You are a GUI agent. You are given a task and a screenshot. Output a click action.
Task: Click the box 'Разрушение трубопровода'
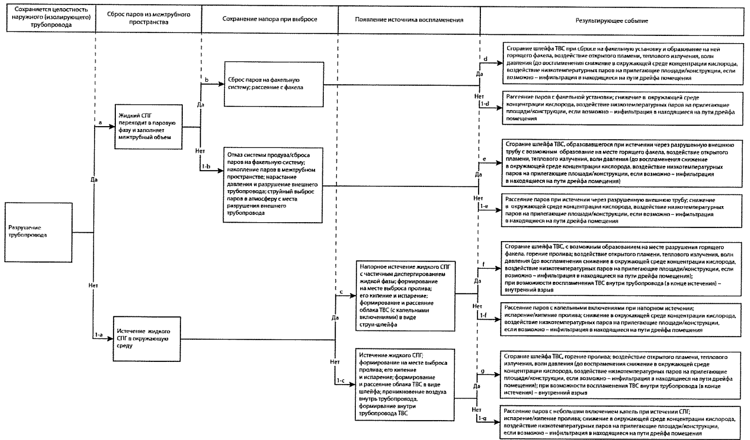coord(39,232)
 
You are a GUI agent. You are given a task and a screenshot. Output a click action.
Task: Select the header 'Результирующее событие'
coord(611,20)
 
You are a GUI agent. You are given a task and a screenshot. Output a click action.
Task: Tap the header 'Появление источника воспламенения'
coord(409,20)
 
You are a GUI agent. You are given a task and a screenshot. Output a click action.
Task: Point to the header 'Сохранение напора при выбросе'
coord(270,19)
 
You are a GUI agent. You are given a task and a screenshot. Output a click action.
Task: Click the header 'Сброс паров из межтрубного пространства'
coord(148,18)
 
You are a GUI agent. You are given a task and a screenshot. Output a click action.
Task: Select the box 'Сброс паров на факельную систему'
coord(274,83)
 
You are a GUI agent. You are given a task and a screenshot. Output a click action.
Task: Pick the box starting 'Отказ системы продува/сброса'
coord(273,185)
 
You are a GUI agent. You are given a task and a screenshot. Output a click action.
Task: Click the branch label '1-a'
coord(99,335)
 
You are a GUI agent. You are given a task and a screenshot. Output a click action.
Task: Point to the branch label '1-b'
coord(206,167)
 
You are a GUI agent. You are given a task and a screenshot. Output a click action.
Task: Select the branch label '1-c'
coord(340,380)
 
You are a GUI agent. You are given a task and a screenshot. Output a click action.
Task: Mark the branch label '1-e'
coord(484,206)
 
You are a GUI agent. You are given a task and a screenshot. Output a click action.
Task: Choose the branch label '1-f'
coord(483,316)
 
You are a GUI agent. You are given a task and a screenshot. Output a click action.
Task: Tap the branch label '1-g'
coord(482,418)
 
